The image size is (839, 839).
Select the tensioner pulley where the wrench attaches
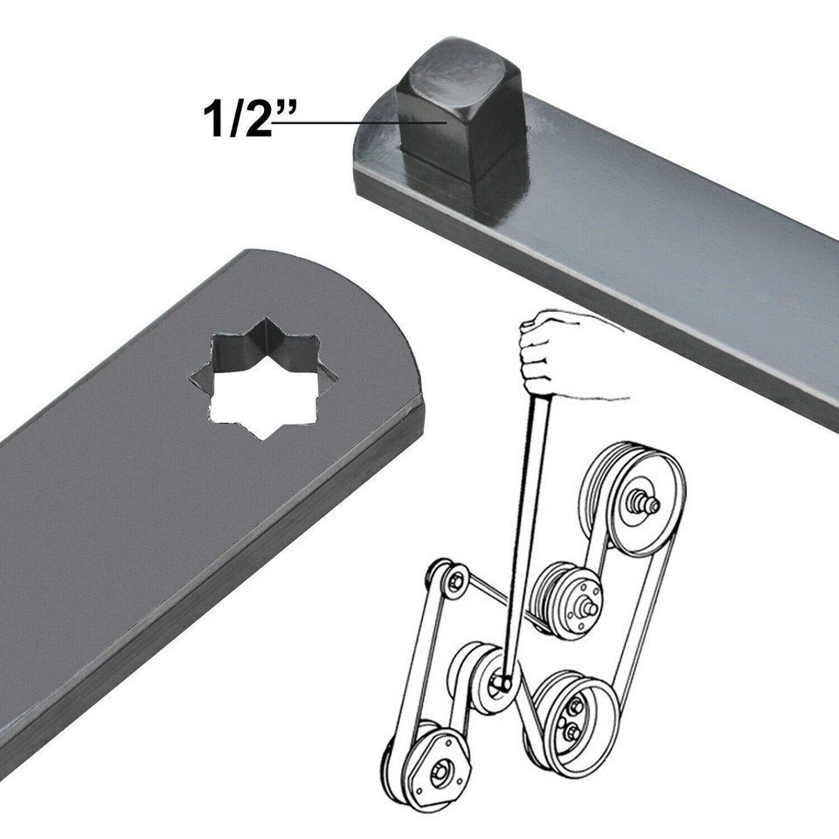(x=498, y=683)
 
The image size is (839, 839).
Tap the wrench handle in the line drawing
(x=524, y=524)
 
